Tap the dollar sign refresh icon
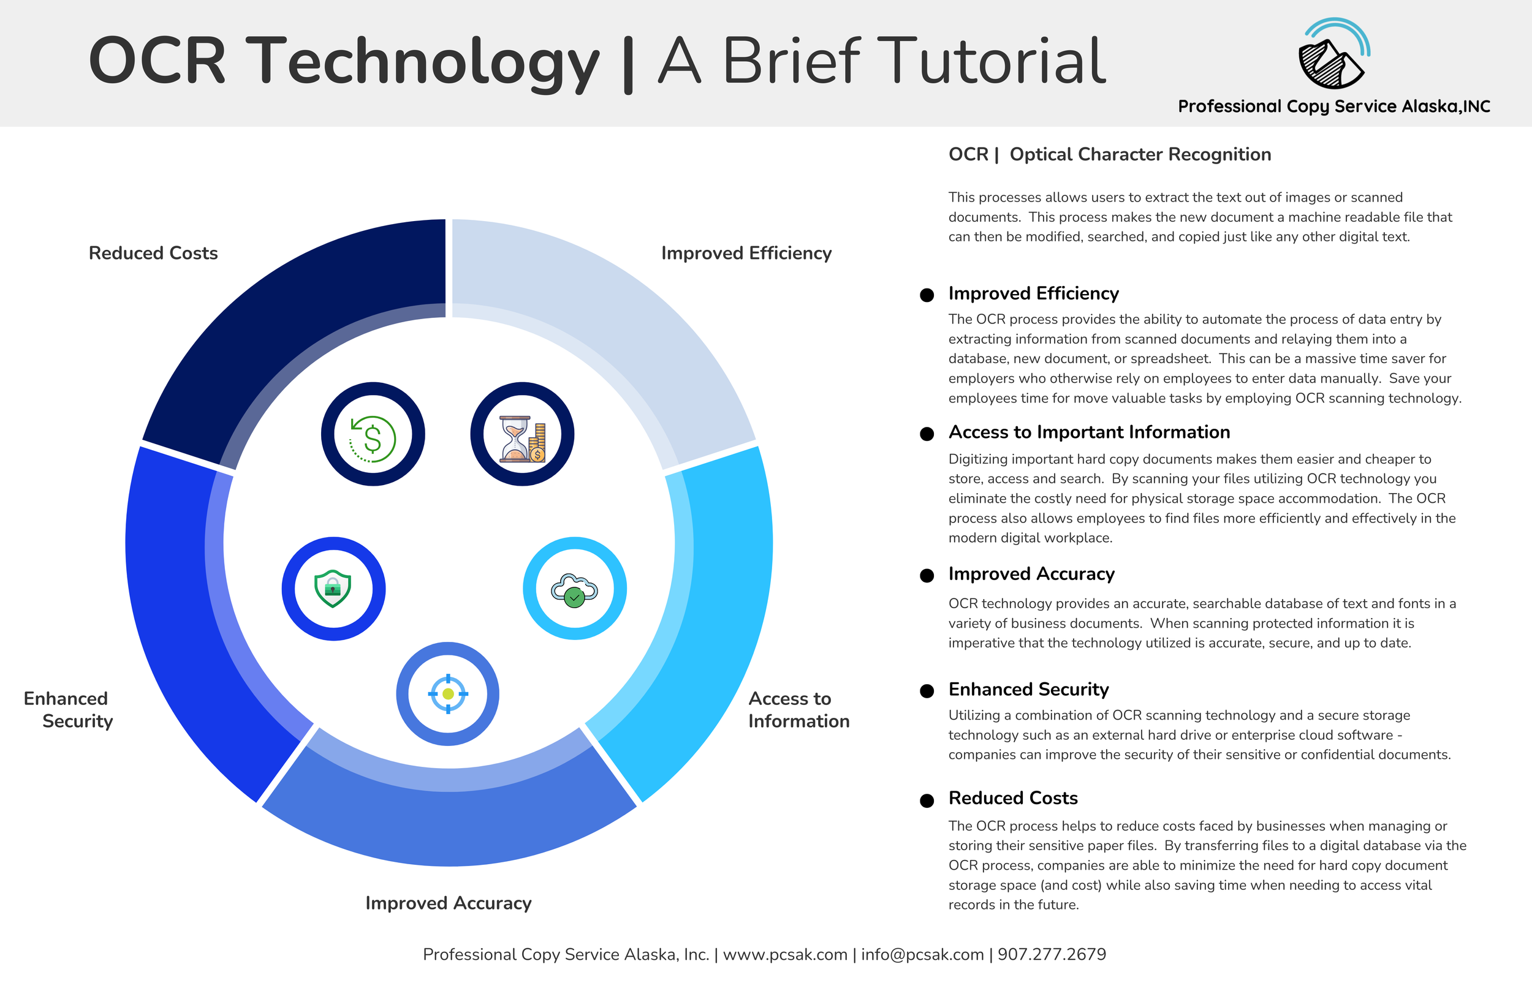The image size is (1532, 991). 373,435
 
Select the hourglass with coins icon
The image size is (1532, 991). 522,435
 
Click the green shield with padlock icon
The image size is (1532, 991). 333,588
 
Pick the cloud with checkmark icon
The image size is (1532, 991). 574,588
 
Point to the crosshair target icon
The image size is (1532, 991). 448,694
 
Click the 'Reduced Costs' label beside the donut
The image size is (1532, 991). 153,254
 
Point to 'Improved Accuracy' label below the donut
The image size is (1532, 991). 448,903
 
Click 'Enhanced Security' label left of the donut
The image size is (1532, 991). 68,710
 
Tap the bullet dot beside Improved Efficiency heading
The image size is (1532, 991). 927,295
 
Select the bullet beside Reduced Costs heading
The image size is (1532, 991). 927,800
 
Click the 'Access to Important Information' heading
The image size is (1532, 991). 1089,432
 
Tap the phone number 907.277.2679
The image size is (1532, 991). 1052,954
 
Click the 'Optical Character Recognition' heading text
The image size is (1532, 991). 1140,154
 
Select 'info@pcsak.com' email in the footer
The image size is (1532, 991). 922,954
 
